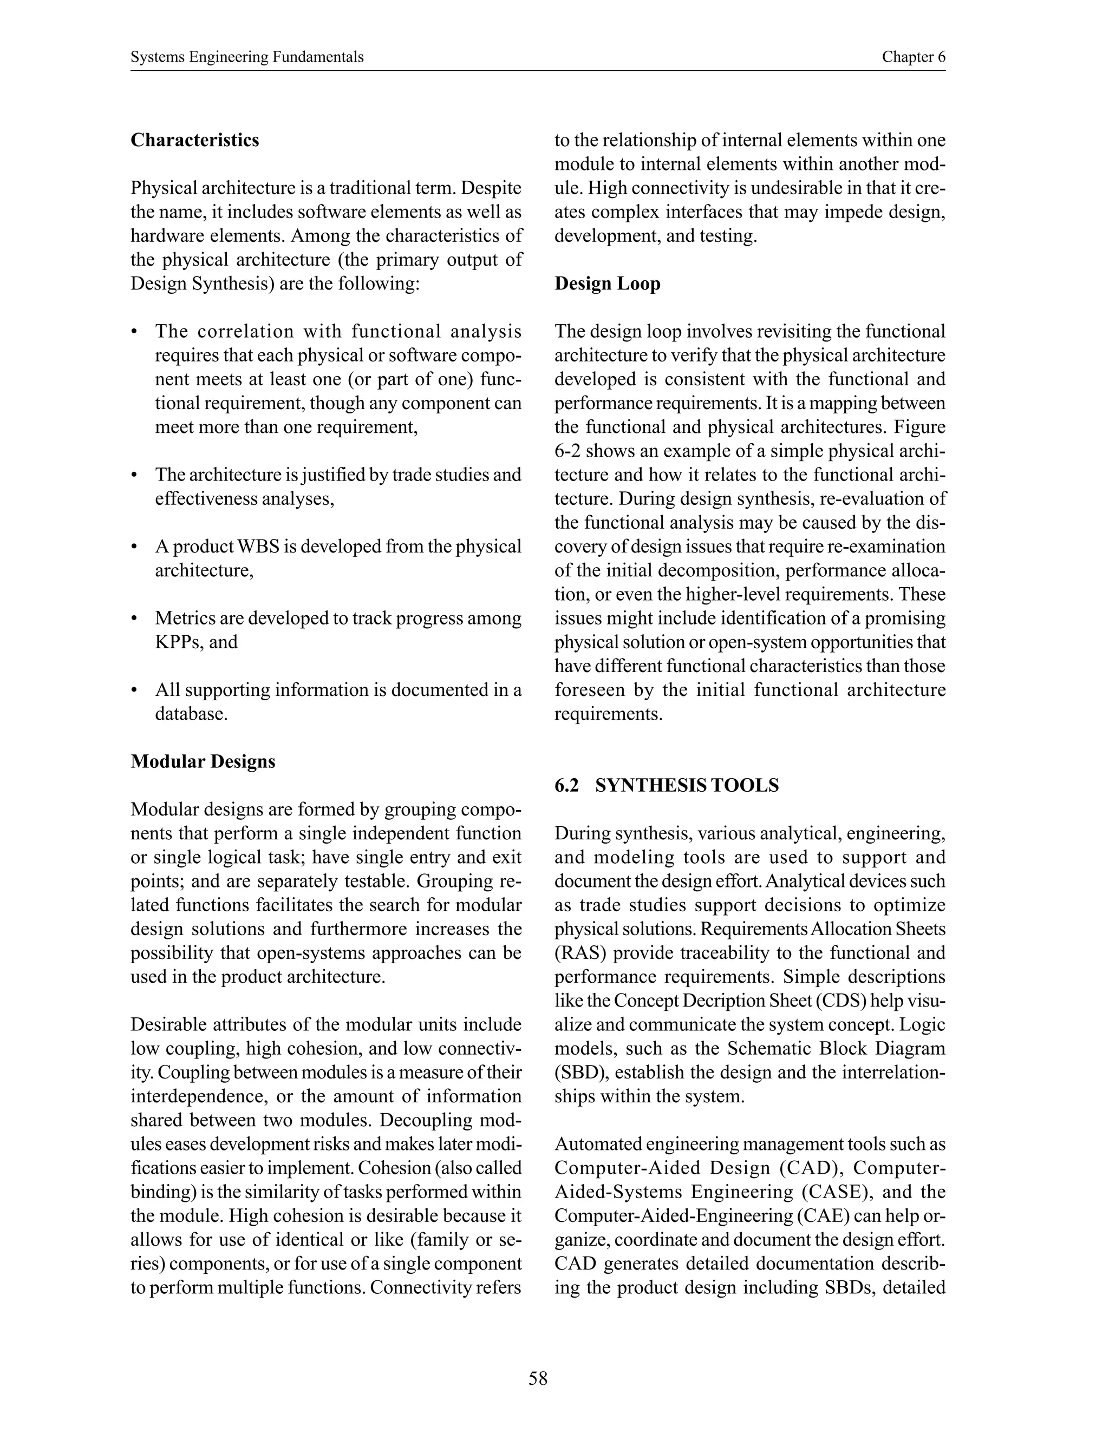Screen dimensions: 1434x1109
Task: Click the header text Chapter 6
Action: pyautogui.click(x=913, y=57)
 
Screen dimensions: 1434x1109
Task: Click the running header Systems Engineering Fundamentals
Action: pyautogui.click(x=247, y=57)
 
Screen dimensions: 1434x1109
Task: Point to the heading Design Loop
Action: pyautogui.click(x=607, y=284)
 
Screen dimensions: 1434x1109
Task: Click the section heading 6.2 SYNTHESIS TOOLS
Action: pyautogui.click(x=666, y=785)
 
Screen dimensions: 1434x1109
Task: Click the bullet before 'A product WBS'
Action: pyautogui.click(x=134, y=547)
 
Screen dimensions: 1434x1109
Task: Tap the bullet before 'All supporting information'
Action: pyautogui.click(x=134, y=690)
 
